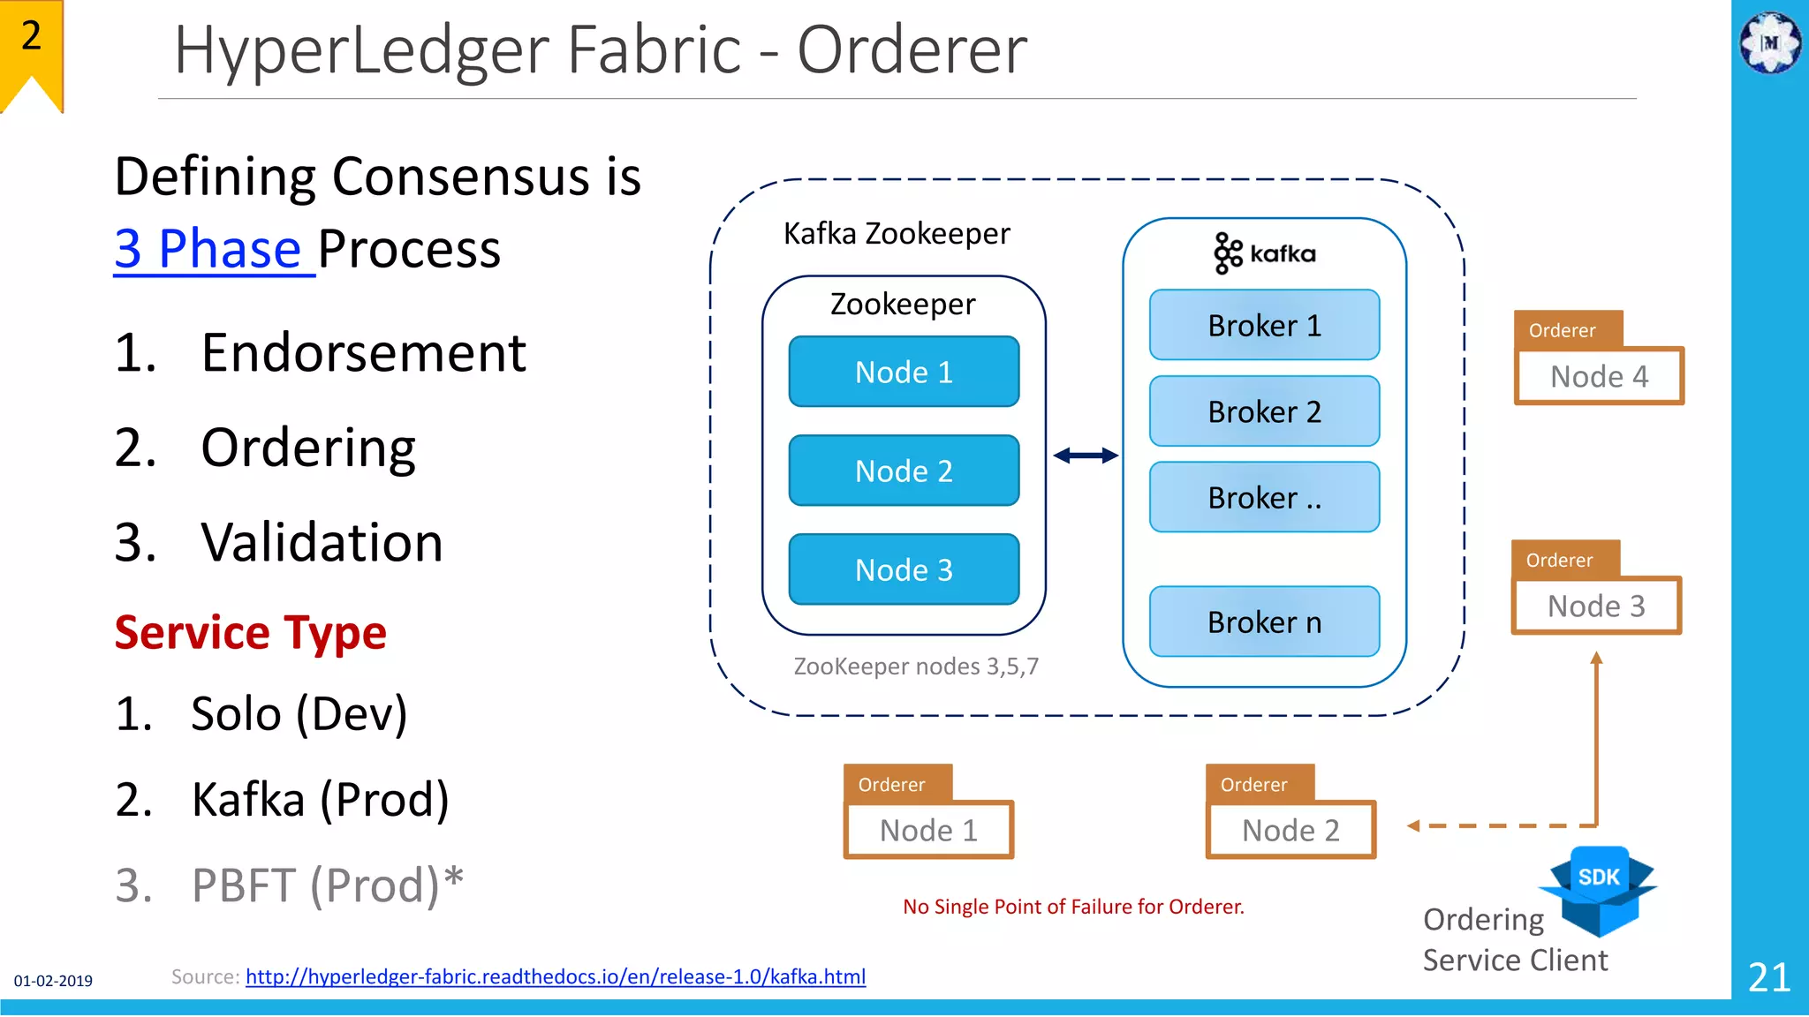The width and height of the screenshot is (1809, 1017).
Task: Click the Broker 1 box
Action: [1264, 326]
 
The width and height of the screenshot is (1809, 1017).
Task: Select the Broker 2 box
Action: [1264, 411]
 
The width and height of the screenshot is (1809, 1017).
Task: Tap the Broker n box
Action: [1264, 621]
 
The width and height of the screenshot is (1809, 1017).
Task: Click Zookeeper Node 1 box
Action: [904, 372]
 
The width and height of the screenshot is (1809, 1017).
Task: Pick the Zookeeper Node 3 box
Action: [904, 569]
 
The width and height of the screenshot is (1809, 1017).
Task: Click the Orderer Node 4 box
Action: [1599, 376]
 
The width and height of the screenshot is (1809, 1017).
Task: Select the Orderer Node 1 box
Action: [928, 830]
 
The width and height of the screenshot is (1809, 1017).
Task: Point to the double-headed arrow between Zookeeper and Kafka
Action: [1086, 456]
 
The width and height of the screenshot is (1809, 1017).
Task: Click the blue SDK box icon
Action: [1598, 887]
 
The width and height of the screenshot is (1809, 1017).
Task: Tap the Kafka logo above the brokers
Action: [1264, 253]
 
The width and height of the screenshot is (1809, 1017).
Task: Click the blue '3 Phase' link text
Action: [212, 249]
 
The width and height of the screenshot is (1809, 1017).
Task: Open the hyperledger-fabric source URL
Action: [556, 976]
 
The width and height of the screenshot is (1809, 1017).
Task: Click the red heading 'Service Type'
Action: [251, 632]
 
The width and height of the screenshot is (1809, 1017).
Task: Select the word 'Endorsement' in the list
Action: [363, 353]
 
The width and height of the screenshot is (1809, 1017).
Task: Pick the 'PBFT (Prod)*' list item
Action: [327, 885]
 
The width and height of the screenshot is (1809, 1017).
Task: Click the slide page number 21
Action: [1769, 977]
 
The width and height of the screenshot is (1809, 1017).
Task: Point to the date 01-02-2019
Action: [53, 981]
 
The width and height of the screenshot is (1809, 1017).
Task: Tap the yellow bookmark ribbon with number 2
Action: [32, 53]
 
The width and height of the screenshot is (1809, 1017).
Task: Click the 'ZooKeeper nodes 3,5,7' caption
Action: [916, 667]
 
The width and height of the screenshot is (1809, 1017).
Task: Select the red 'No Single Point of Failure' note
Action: [1073, 907]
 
